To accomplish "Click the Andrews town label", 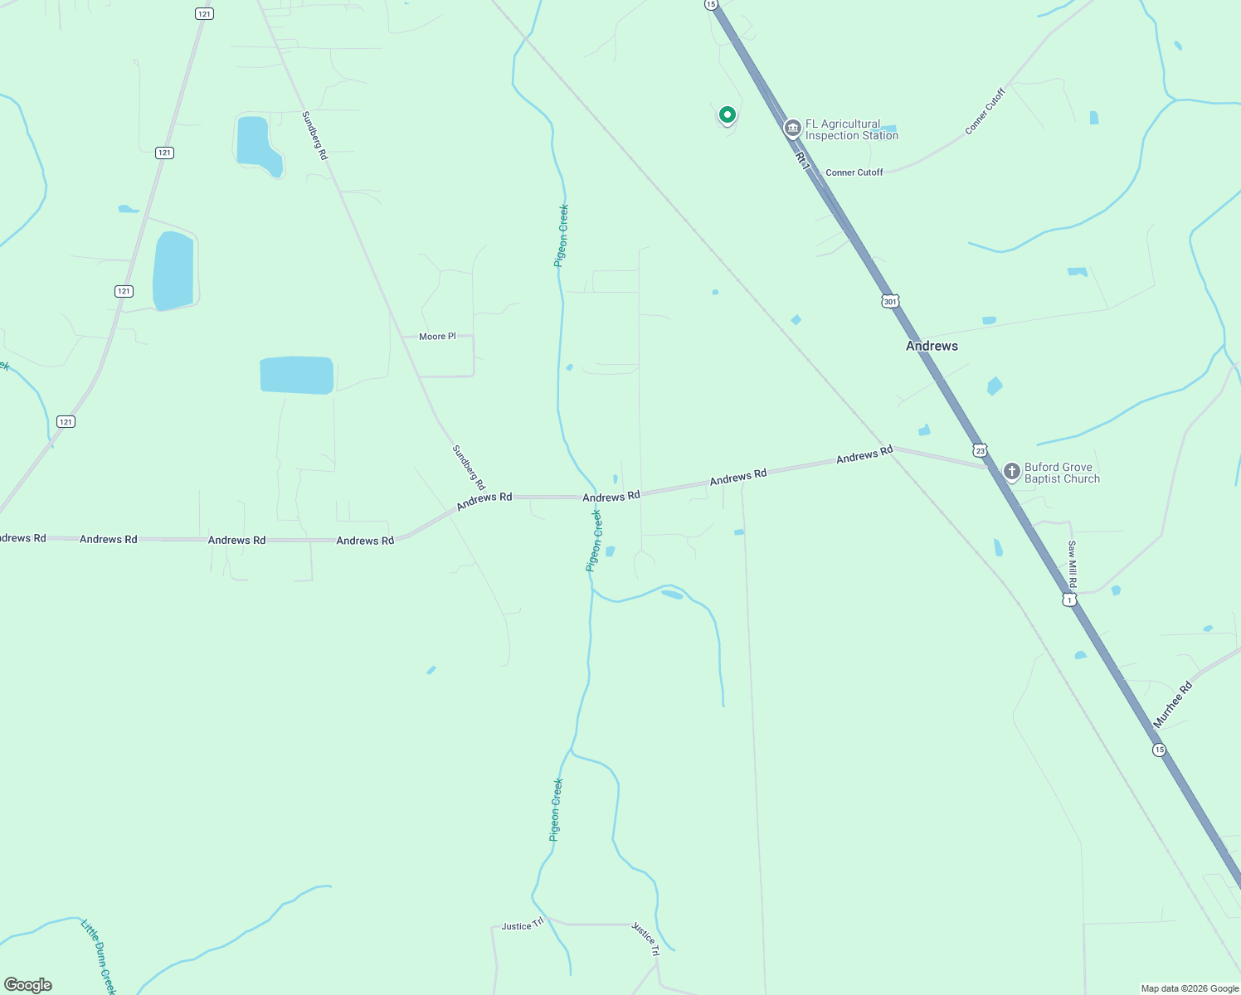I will (932, 346).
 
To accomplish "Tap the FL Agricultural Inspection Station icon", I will (792, 129).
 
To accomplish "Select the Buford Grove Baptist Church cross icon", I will (1011, 472).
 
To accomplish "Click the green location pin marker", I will (728, 114).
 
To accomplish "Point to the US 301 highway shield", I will (890, 302).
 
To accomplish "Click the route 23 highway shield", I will (981, 451).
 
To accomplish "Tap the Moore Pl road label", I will (437, 337).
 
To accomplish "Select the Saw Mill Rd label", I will (1072, 563).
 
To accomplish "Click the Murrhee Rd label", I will (1172, 705).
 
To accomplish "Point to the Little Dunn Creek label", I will (99, 954).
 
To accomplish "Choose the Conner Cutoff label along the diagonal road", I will (985, 112).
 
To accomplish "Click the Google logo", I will (28, 985).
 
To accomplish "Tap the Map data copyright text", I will (1190, 988).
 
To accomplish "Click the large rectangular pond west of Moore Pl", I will (296, 375).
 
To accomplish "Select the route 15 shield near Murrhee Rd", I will (1159, 750).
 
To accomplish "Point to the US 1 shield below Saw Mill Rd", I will (1070, 599).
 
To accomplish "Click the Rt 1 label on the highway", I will (801, 161).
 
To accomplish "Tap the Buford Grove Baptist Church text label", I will (1062, 473).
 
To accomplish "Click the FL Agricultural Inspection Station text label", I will (851, 129).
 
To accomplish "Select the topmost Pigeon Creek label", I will (562, 235).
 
